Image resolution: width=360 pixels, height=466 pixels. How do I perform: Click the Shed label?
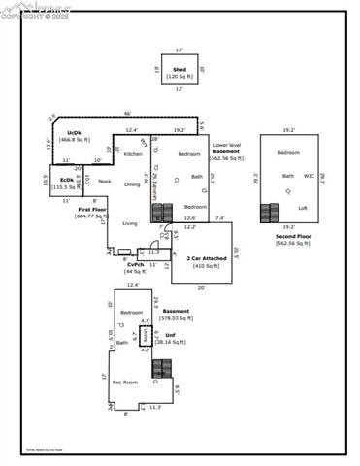click(x=180, y=70)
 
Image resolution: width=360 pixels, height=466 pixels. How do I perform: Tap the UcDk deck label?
click(x=74, y=132)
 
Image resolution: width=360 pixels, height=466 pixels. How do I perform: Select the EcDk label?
click(x=66, y=180)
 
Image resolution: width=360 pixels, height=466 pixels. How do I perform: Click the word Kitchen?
click(x=133, y=154)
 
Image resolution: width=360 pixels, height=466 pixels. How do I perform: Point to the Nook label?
click(x=104, y=182)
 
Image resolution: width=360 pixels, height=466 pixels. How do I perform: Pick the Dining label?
click(x=132, y=184)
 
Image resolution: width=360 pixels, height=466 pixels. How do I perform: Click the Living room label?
click(x=129, y=223)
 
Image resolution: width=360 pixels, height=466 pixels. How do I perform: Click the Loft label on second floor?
click(x=302, y=208)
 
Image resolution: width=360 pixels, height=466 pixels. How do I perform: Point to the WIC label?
click(x=309, y=176)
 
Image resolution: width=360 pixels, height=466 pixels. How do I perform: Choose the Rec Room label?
click(x=124, y=383)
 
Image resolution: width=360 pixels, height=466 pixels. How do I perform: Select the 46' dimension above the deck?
click(x=127, y=114)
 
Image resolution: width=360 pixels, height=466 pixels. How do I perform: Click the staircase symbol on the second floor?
click(x=269, y=212)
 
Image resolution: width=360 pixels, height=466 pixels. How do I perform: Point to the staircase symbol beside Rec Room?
click(x=164, y=369)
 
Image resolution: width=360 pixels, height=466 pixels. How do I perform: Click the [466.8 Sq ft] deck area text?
click(x=74, y=139)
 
